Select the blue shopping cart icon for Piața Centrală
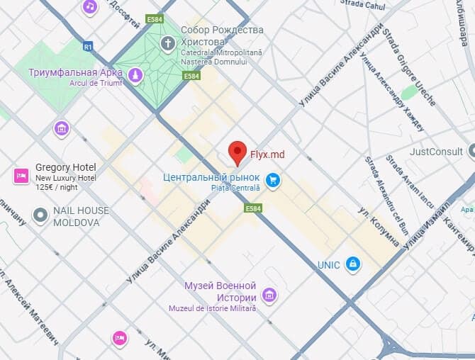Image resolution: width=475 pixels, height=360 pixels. [x=272, y=181]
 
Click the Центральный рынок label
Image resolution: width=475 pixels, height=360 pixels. [x=211, y=177]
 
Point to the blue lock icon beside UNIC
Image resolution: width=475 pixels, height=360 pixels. [x=352, y=264]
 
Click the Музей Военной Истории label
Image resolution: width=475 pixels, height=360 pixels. [x=220, y=291]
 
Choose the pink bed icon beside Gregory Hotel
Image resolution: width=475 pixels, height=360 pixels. [x=21, y=176]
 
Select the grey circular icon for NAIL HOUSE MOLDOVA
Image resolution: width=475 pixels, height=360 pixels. [x=40, y=215]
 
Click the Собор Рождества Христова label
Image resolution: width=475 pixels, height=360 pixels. [x=221, y=35]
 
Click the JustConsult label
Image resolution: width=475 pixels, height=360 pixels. [x=435, y=152]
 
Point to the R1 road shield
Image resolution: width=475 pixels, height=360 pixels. [x=88, y=47]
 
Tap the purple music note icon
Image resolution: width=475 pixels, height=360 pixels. [x=89, y=7]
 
